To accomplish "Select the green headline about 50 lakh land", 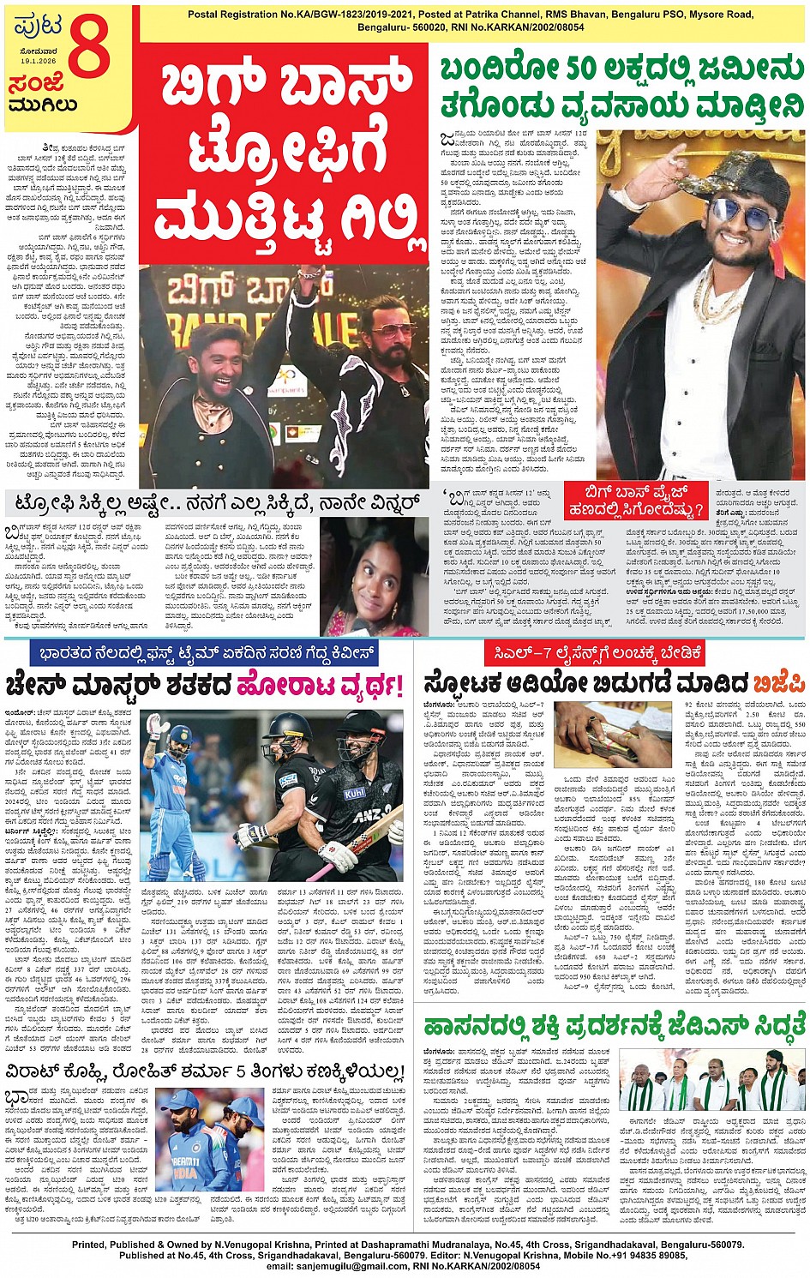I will tap(621, 87).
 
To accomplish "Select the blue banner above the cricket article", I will tap(207, 654).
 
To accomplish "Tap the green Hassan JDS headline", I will tap(615, 1024).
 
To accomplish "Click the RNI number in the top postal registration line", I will tap(530, 27).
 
